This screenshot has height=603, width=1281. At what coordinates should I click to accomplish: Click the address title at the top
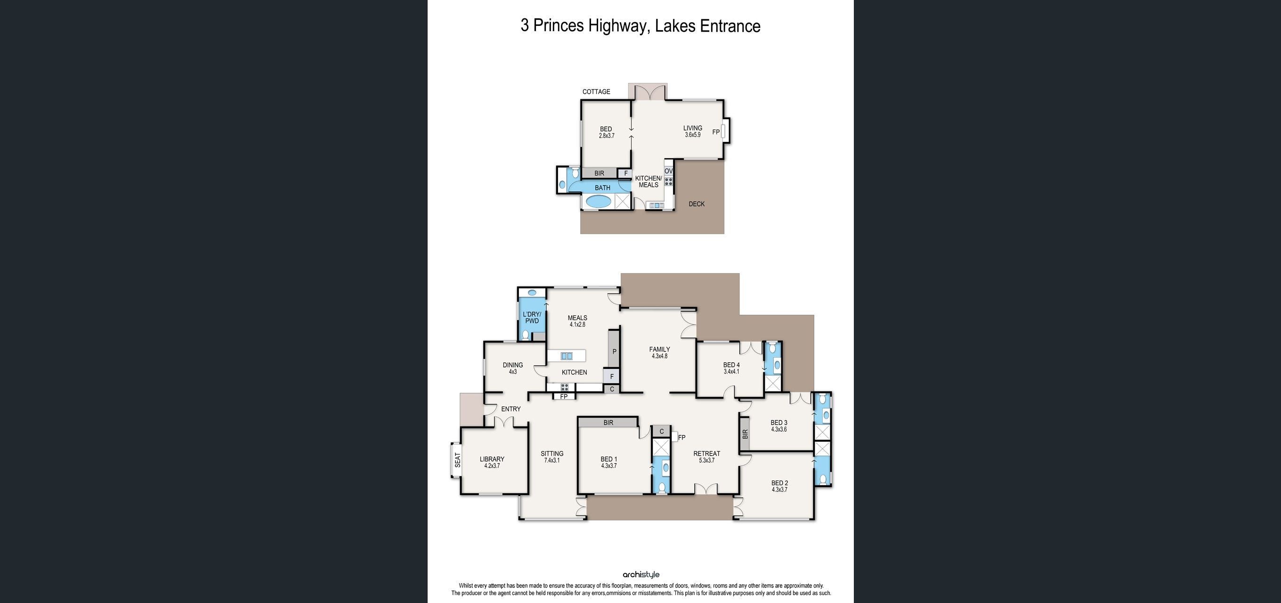click(x=640, y=26)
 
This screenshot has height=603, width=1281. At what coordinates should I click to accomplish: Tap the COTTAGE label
click(x=596, y=91)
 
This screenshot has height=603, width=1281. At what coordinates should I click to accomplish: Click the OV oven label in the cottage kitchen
click(x=668, y=171)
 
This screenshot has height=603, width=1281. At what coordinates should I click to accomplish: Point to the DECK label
click(x=696, y=204)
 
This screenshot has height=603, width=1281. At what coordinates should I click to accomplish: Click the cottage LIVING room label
click(x=693, y=131)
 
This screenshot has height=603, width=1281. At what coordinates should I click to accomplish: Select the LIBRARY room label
click(x=492, y=462)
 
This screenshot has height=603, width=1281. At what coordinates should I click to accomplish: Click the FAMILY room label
click(x=659, y=352)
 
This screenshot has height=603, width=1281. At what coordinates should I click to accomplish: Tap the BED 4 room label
click(x=731, y=367)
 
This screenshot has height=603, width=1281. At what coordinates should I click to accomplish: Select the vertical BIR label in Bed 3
click(x=745, y=434)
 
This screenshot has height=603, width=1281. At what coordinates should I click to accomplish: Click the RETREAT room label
click(x=706, y=457)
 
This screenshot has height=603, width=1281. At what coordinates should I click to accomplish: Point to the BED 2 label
click(x=779, y=486)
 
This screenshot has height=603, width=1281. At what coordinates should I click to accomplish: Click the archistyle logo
click(x=640, y=575)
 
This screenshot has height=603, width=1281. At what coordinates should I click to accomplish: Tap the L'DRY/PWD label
click(x=532, y=318)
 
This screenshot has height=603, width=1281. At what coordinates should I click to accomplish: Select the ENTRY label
click(x=511, y=409)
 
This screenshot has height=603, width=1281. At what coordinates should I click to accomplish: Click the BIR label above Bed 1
click(x=608, y=423)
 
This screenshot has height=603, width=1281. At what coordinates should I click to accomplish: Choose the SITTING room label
click(x=552, y=457)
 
